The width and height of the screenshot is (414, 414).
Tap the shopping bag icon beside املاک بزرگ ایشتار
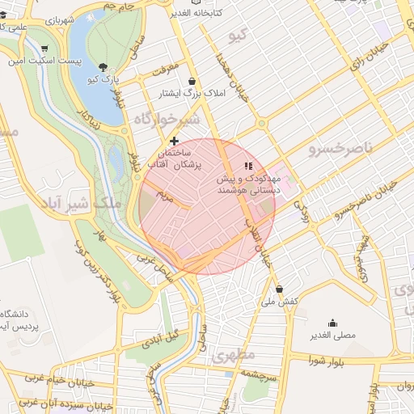pos(192,82)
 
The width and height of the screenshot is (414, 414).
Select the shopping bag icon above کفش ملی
pos(280,289)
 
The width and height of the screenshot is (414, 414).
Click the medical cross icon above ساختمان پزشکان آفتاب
pos(174,141)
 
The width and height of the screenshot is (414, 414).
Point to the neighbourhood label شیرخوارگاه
pos(166,120)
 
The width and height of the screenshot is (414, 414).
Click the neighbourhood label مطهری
pos(233,355)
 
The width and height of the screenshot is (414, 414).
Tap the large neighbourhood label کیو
pos(236,36)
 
